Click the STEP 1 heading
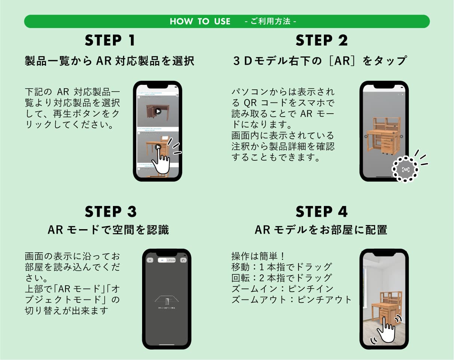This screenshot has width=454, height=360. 110,41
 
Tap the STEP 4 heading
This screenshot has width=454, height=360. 321,212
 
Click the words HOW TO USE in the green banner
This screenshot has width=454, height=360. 200,22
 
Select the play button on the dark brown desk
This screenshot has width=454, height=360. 158,111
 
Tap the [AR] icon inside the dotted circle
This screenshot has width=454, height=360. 405,169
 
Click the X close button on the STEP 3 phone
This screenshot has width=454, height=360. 150,260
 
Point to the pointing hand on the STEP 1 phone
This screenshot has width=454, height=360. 160,161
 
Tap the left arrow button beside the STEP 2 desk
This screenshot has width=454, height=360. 366,136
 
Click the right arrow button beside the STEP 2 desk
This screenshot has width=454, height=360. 402,136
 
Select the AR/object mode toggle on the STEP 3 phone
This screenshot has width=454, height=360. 166,260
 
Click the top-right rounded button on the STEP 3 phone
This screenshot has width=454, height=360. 183,260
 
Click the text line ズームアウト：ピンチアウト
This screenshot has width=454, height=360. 292,300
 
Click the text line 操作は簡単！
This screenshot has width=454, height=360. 258,256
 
